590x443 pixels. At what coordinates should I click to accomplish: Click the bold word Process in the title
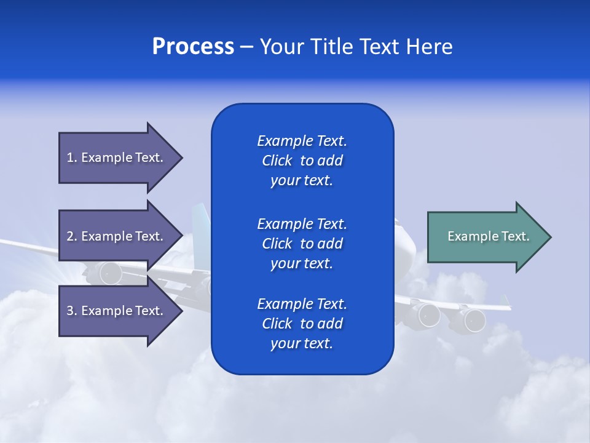[x=193, y=47]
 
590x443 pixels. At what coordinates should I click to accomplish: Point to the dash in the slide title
[x=246, y=47]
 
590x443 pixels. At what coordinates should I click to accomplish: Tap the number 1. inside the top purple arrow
[x=72, y=158]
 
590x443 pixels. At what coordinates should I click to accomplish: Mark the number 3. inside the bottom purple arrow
[x=72, y=311]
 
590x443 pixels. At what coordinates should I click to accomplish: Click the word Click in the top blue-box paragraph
[x=277, y=161]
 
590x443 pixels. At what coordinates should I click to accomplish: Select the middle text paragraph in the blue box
[x=302, y=244]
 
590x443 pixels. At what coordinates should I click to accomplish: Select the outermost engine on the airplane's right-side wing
[x=474, y=320]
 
